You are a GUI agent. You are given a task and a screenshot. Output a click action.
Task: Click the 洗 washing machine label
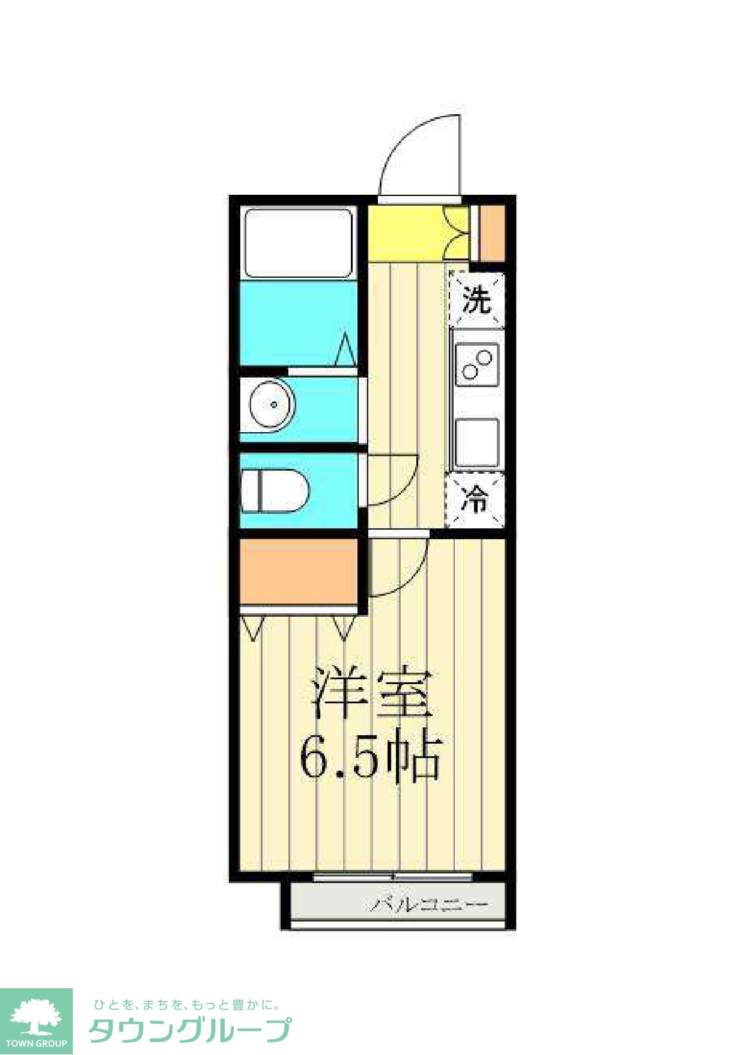coord(476,301)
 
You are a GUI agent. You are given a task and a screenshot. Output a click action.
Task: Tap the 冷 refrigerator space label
coord(475,499)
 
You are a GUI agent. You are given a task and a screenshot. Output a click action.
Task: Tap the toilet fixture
coord(274,491)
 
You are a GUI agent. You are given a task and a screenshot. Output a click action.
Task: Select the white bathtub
coord(299,243)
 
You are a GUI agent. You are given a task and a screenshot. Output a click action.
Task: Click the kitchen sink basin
coord(476,443)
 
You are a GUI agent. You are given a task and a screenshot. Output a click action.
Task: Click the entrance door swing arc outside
coord(421,153)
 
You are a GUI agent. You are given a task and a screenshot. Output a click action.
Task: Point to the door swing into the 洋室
coord(397,565)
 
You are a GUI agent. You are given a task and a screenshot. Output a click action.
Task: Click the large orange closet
coord(298,571)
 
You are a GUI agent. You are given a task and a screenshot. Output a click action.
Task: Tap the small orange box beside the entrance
coord(492,233)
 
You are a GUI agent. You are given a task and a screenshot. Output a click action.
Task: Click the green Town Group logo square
coord(36,1021)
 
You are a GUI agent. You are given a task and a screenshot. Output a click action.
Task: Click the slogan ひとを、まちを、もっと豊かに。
coord(186,1005)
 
